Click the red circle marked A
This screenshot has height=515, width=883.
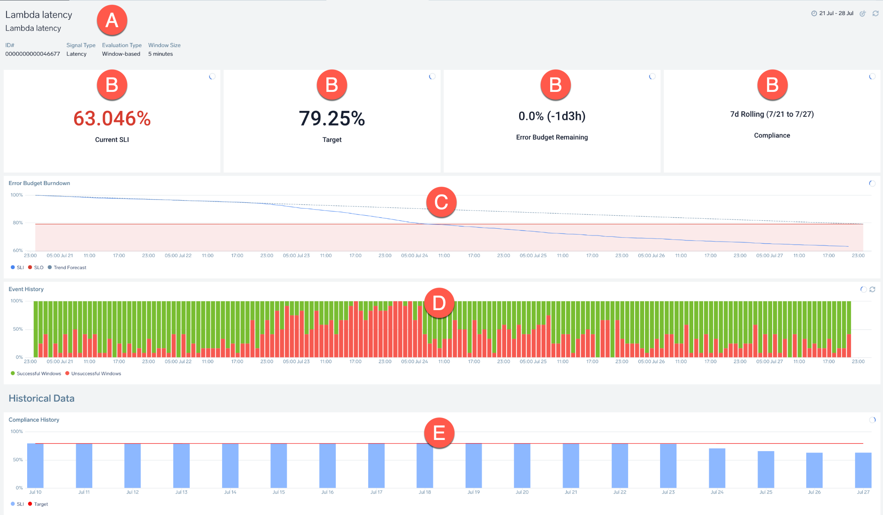pos(112,20)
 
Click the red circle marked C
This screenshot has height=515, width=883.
pos(441,202)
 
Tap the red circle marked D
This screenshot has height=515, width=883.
pos(439,303)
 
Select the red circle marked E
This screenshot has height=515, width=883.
pos(439,433)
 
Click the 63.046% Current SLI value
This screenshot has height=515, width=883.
pos(112,119)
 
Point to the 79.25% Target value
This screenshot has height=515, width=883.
pos(332,119)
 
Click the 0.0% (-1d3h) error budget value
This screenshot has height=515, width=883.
pos(552,116)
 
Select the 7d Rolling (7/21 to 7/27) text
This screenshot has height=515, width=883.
pos(772,114)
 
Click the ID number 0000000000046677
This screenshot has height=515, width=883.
pos(33,54)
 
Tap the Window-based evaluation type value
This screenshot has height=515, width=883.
pos(121,54)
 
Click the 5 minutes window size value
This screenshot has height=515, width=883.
pos(160,54)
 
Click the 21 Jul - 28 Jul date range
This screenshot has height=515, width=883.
pos(836,13)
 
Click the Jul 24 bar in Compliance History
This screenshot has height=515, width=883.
pos(717,468)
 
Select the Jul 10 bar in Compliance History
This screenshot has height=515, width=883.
pos(35,466)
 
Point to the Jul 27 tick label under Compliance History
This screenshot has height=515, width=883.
pos(863,492)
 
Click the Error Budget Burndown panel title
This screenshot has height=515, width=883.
pos(39,183)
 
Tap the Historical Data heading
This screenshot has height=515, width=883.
pos(41,399)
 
